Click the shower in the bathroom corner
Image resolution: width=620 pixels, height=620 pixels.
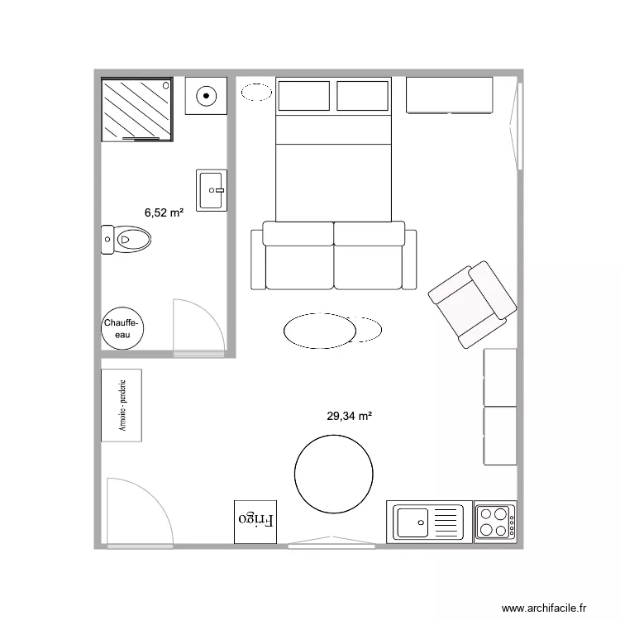pyautogui.click(x=136, y=109)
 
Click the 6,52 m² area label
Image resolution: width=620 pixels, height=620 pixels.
pyautogui.click(x=164, y=212)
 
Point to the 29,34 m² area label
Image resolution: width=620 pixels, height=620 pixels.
pyautogui.click(x=349, y=417)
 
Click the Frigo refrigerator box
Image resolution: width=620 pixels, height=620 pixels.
pyautogui.click(x=255, y=521)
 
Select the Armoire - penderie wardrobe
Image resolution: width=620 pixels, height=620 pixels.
pyautogui.click(x=122, y=405)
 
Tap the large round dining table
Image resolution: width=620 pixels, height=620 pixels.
pyautogui.click(x=333, y=474)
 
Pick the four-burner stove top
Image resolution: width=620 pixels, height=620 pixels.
pyautogui.click(x=495, y=521)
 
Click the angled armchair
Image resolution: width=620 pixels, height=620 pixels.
pyautogui.click(x=473, y=303)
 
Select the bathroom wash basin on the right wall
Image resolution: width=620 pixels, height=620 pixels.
pyautogui.click(x=212, y=190)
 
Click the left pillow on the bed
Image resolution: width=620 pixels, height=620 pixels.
pyautogui.click(x=303, y=96)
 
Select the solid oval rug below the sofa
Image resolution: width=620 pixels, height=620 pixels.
pyautogui.click(x=320, y=331)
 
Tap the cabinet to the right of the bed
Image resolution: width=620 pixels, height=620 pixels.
pyautogui.click(x=449, y=95)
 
